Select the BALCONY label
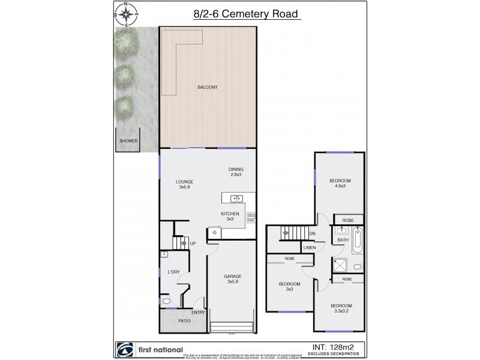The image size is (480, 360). pos(207,88)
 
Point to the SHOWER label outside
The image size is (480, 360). pos(128,142)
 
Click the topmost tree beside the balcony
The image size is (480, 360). pos(125,41)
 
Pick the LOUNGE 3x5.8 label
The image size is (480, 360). pos(184,184)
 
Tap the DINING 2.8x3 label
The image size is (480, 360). pos(236,172)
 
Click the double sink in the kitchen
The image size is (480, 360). pos(236,199)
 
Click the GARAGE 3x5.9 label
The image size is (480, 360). pos(233,279)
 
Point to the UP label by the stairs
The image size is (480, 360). pos(193,243)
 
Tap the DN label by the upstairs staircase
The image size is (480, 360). pos(312,233)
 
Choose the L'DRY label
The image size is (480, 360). pos(174,272)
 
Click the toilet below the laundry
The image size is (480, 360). pos(166,301)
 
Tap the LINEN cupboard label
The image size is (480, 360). pos(310,247)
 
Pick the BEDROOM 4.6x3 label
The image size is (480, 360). pos(340,184)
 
